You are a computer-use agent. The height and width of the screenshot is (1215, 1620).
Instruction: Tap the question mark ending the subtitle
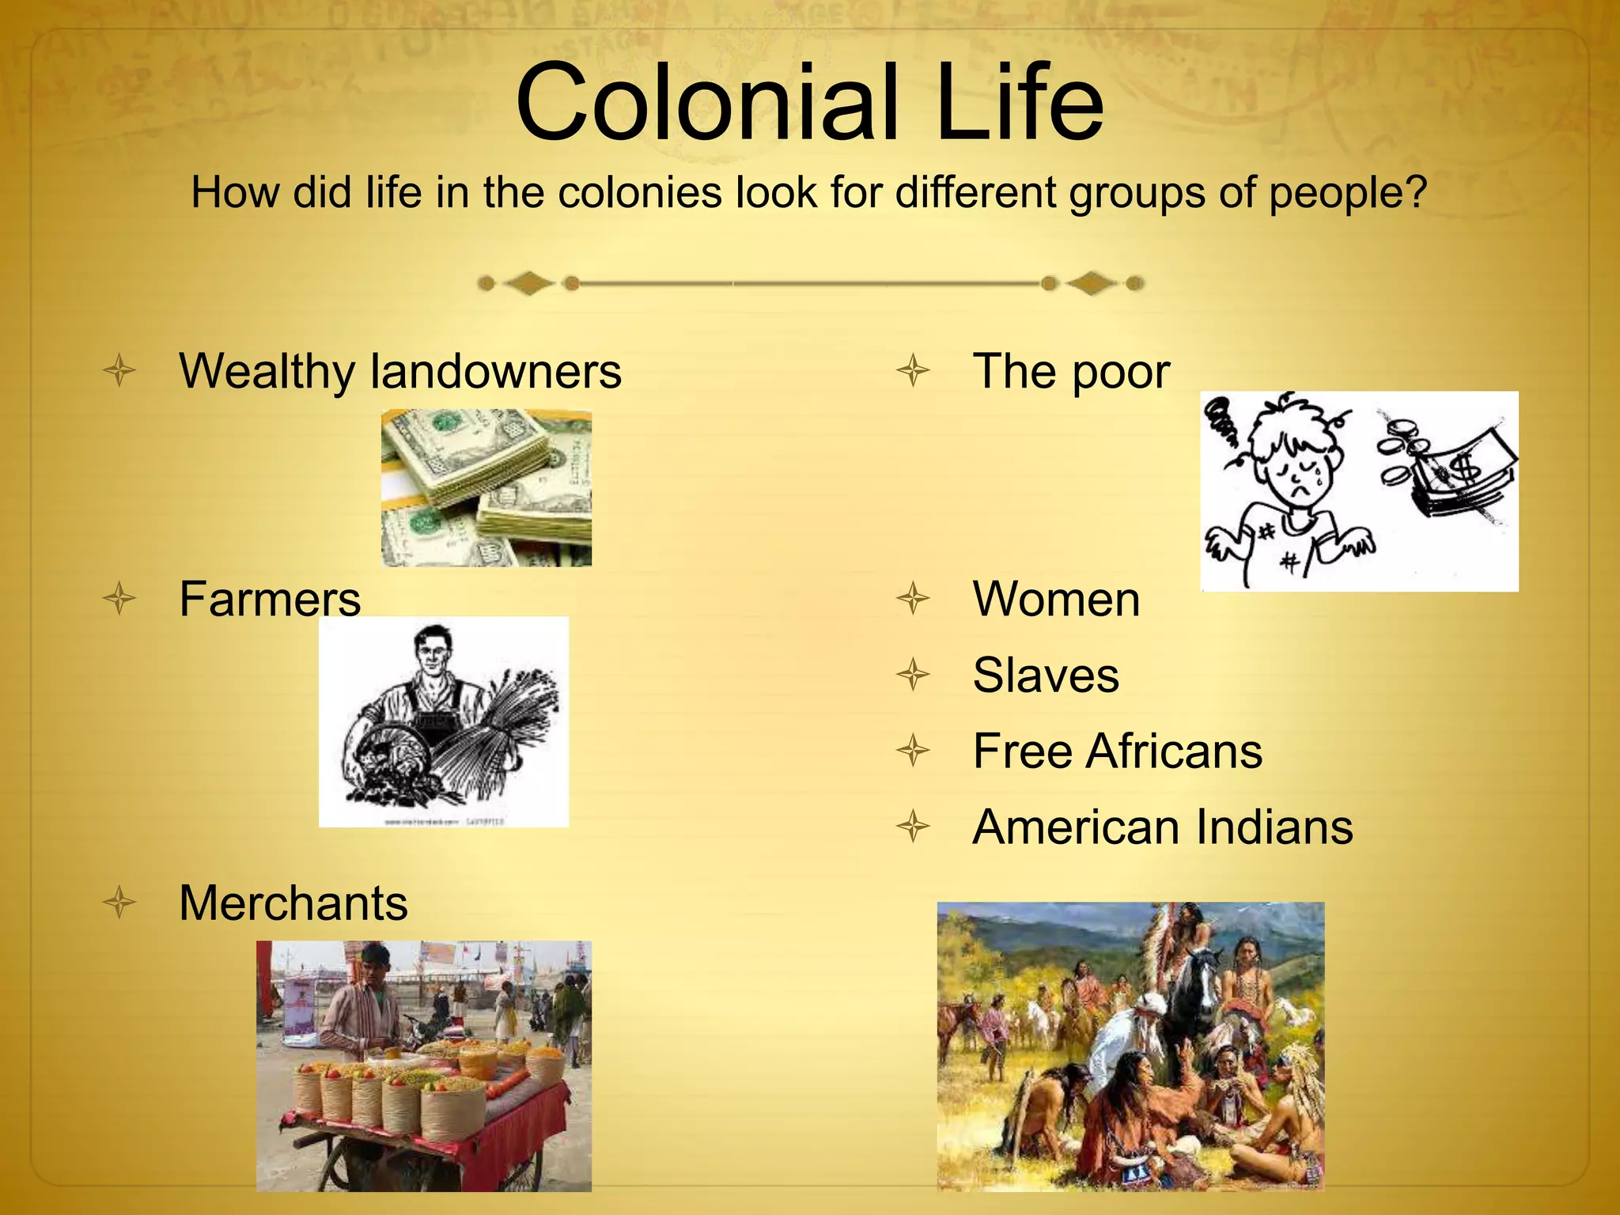[x=1414, y=192]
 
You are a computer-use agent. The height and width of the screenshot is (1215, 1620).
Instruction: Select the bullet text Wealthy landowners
[x=400, y=371]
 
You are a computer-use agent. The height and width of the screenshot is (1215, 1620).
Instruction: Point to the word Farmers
[x=270, y=599]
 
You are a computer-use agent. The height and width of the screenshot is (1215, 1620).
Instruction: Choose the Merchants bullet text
[x=293, y=903]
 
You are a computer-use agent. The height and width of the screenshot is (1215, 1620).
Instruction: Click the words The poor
[x=1071, y=371]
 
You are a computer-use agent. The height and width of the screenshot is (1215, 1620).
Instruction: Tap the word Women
[x=1056, y=599]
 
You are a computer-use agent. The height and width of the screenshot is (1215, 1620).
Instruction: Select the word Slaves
[x=1046, y=675]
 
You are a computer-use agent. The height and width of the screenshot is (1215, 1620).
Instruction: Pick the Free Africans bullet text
[x=1117, y=751]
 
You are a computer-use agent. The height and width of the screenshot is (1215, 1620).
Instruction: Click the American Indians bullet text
[x=1163, y=827]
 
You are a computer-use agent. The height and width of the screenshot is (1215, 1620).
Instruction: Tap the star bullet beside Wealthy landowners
[x=119, y=371]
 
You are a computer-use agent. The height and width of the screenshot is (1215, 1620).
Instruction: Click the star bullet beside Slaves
[x=914, y=675]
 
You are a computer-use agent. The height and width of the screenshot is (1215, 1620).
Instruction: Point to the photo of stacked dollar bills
[x=486, y=487]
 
